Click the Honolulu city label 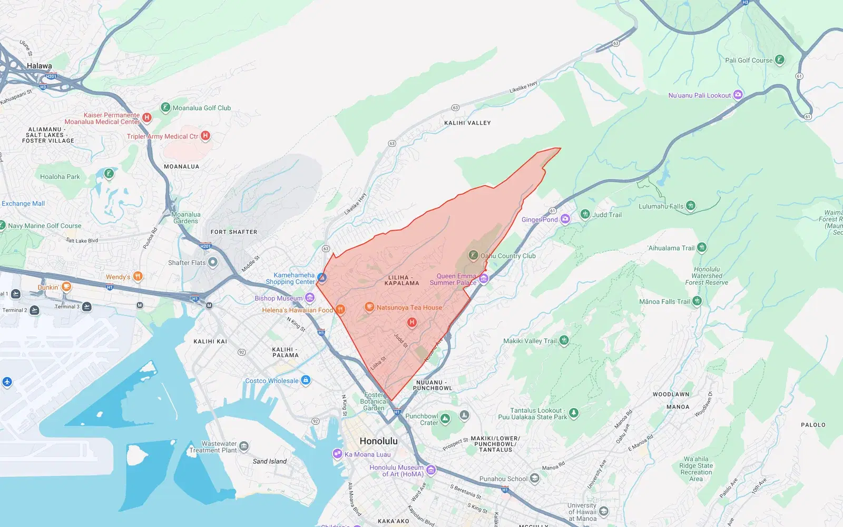(x=378, y=441)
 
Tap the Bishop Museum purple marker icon (x=310, y=299)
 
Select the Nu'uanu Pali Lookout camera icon (x=738, y=95)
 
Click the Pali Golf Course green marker (x=779, y=60)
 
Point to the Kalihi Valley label (x=467, y=123)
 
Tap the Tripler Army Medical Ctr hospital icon (x=205, y=136)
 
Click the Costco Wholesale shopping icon (x=306, y=381)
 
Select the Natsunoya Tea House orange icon (x=369, y=307)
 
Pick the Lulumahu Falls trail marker (x=691, y=206)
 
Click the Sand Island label (x=270, y=462)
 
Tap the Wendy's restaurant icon (x=138, y=276)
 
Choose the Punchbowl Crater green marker (x=445, y=419)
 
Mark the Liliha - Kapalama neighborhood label (x=401, y=281)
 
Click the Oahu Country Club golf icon (x=473, y=256)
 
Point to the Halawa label (x=40, y=66)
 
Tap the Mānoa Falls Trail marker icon (x=697, y=301)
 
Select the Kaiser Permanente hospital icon (x=147, y=117)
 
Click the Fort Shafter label (x=234, y=232)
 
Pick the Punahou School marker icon (x=535, y=479)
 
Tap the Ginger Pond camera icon (x=565, y=219)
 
